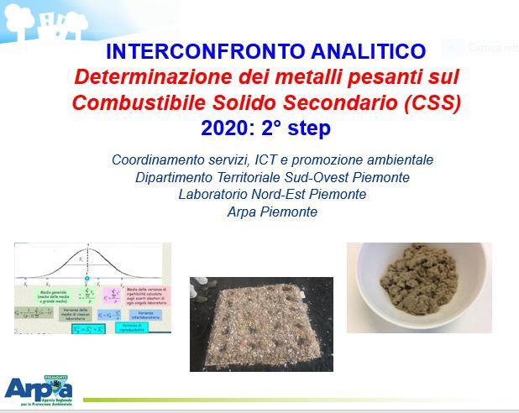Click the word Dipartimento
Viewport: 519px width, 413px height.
pyautogui.click(x=173, y=177)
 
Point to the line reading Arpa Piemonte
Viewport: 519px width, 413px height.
pyautogui.click(x=272, y=212)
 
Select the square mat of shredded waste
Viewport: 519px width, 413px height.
pyautogui.click(x=261, y=324)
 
